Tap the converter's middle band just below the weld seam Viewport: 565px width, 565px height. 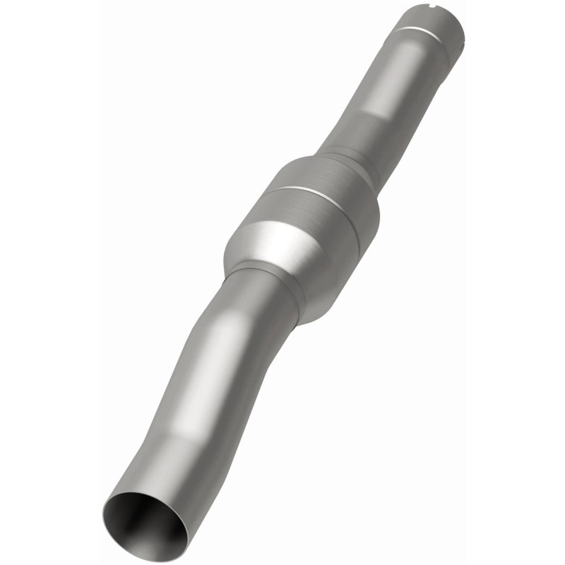click(x=318, y=212)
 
